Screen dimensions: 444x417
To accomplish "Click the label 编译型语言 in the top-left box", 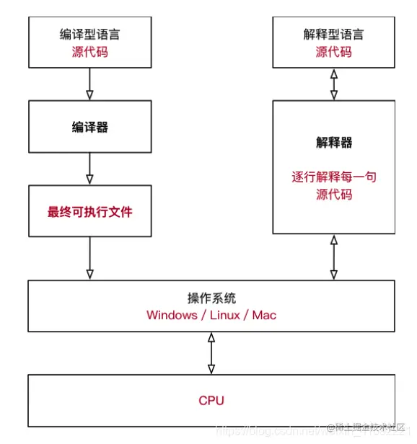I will (89, 35).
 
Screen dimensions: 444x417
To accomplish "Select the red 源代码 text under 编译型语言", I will (89, 52).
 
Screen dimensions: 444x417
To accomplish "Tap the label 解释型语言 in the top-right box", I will (334, 35).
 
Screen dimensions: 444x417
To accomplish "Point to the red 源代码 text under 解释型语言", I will (334, 52).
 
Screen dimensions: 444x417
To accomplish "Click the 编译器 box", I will (89, 127).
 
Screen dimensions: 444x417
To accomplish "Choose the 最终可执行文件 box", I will (89, 212).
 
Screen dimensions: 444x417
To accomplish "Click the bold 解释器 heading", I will (334, 143).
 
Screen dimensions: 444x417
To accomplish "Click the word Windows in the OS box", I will (171, 316).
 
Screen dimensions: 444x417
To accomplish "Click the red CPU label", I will (211, 400).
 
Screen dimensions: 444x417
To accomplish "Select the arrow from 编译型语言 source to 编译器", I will (89, 84).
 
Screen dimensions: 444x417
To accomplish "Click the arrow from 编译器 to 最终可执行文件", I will (89, 168).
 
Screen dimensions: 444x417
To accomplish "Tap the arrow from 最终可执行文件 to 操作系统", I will (89, 258).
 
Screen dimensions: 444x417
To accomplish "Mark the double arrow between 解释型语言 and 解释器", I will (333, 84).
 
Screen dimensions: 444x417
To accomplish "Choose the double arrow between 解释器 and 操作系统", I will (333, 257).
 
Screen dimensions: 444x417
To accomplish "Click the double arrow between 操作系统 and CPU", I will (211, 353).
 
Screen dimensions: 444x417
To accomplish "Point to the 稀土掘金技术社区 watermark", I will (368, 427).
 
